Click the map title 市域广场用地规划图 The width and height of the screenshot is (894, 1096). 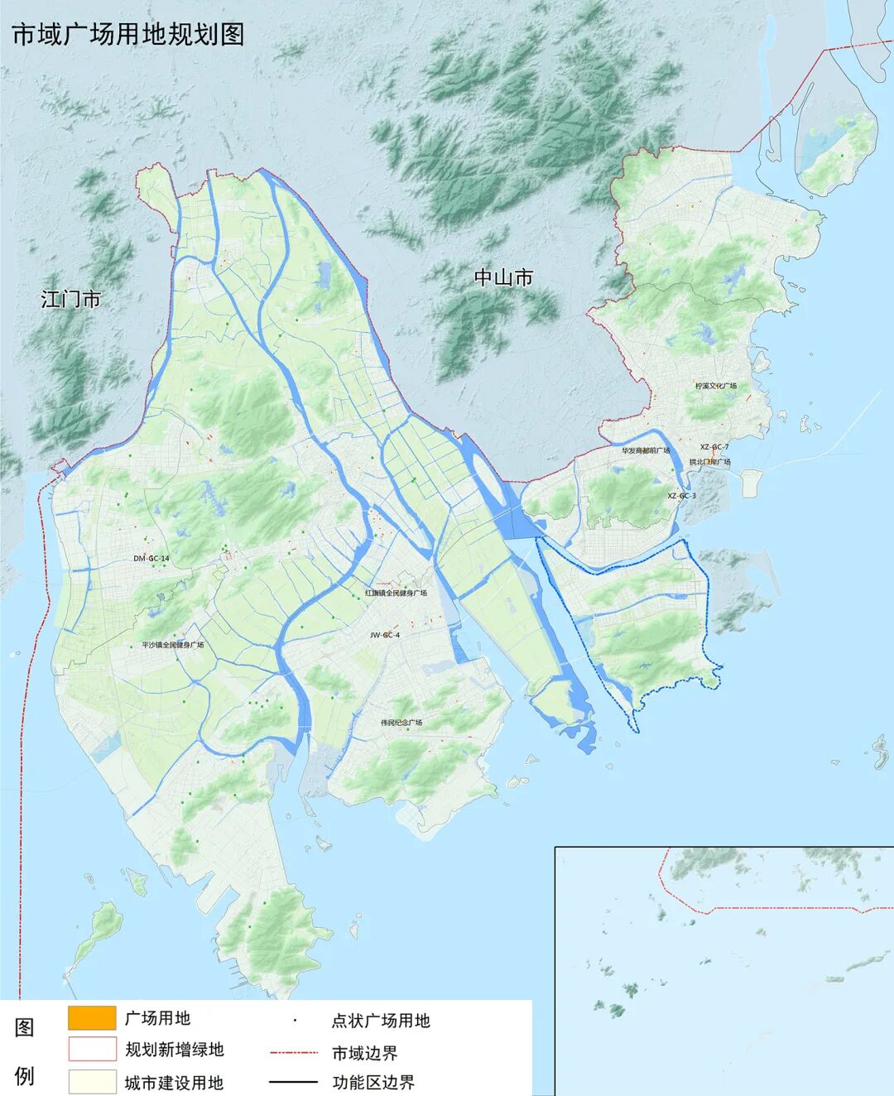(x=127, y=34)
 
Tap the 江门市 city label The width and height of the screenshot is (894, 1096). (x=70, y=299)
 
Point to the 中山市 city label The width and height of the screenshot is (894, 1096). (x=503, y=277)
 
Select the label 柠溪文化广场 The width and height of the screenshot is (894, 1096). (x=716, y=386)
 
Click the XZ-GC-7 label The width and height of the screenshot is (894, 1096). (x=714, y=446)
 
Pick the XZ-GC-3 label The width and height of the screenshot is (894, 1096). (x=682, y=495)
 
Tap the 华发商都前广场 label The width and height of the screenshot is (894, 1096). (x=646, y=450)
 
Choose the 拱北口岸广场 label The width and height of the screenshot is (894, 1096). (x=709, y=462)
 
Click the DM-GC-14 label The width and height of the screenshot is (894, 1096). (x=151, y=559)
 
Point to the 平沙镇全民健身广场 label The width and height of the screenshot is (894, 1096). (x=172, y=645)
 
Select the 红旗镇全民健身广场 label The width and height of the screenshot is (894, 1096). (x=397, y=593)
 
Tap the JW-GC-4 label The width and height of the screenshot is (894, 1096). (x=385, y=635)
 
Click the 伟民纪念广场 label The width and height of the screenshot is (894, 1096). (x=401, y=723)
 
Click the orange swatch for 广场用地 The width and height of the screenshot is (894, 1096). (x=91, y=1017)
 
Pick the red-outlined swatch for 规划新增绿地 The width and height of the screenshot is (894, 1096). (x=91, y=1049)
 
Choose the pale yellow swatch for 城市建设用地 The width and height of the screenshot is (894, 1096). (x=91, y=1081)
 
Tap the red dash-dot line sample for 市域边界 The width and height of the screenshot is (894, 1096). (x=294, y=1053)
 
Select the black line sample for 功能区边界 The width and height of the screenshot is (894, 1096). (x=294, y=1081)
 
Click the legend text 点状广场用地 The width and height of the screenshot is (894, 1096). (x=381, y=1021)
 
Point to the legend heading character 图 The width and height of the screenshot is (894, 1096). (x=25, y=1027)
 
